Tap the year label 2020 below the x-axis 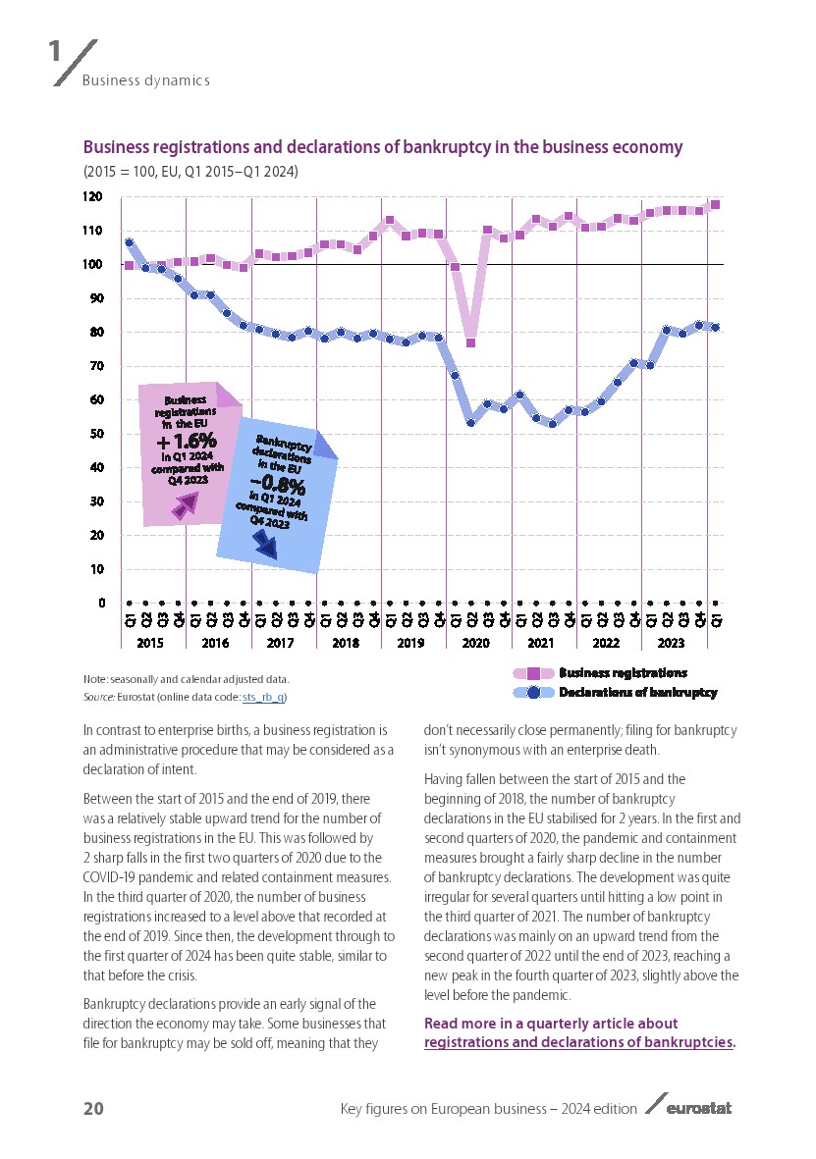(475, 644)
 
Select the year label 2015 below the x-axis (150, 644)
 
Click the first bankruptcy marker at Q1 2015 (130, 242)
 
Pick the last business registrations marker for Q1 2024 (715, 205)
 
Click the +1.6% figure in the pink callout (187, 444)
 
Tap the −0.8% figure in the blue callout (277, 484)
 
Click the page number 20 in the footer (93, 1109)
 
